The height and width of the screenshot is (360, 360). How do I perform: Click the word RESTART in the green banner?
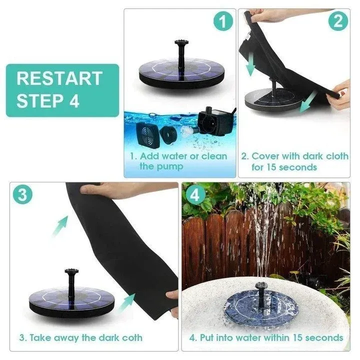tap(59, 78)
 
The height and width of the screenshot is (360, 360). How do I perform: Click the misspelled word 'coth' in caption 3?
tap(131, 337)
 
